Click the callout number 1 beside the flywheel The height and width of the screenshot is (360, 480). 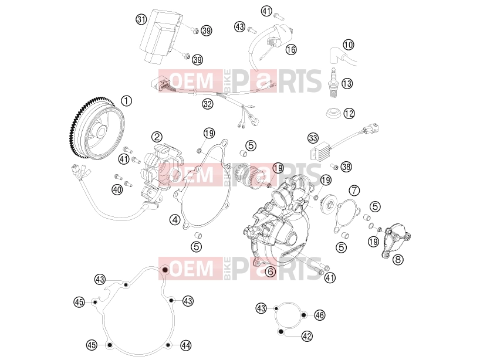click(x=126, y=101)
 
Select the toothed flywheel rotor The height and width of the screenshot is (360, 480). click(x=96, y=128)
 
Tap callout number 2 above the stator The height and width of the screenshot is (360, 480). click(x=157, y=137)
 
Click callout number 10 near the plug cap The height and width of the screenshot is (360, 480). click(x=349, y=45)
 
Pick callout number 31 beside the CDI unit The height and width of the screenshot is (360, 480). click(x=141, y=20)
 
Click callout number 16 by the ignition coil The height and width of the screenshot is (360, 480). click(x=291, y=49)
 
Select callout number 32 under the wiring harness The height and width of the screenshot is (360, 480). click(x=208, y=104)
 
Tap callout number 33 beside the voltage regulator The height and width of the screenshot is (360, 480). click(x=313, y=138)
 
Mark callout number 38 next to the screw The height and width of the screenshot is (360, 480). click(x=346, y=167)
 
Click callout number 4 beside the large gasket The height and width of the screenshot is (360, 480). click(x=175, y=220)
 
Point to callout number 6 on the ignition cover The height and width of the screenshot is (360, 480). click(x=270, y=271)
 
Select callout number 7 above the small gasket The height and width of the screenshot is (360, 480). click(x=354, y=191)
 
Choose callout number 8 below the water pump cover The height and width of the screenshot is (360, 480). click(x=398, y=260)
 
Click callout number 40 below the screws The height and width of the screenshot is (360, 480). click(x=117, y=190)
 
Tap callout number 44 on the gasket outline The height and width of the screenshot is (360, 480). click(x=186, y=345)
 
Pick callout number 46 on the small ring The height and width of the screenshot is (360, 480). click(x=320, y=315)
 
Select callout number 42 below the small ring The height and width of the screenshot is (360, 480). click(x=307, y=336)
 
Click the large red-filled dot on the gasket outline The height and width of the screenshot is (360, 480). click(x=165, y=270)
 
